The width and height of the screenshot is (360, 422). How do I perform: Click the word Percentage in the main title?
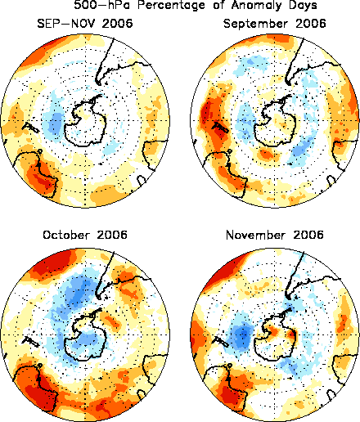[171, 6]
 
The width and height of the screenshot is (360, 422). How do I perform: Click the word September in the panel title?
[255, 24]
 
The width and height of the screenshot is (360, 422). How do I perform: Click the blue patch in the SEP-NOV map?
[55, 121]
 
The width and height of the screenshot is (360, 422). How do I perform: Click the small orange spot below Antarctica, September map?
[266, 155]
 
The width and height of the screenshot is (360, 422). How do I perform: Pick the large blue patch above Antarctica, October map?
[78, 292]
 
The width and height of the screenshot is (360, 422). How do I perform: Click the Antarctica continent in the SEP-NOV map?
[84, 120]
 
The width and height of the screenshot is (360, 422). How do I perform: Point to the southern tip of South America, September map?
[288, 83]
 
